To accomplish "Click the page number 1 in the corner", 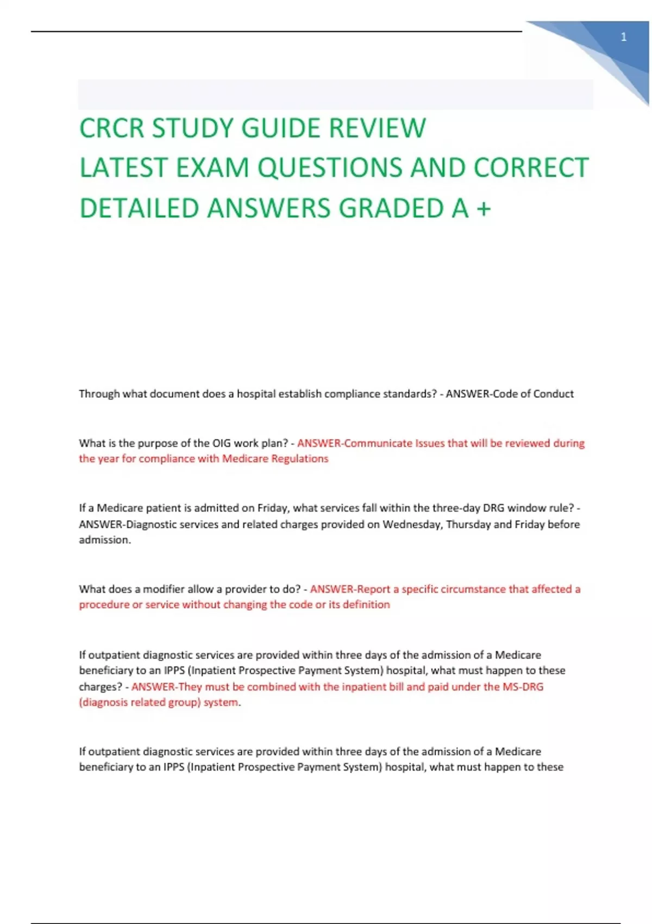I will [624, 37].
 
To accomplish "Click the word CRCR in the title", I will [111, 129].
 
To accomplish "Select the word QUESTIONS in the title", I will [331, 168].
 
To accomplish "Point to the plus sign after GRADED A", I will [484, 209].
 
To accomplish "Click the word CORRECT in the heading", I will [531, 168].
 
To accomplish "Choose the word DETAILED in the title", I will [139, 209].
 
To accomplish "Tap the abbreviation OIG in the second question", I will [222, 443].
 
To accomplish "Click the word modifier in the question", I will [164, 589].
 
